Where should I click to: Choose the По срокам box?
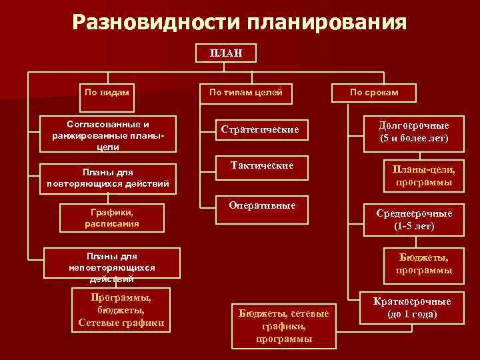coord(374,92)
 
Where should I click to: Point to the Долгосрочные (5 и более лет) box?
coord(414,132)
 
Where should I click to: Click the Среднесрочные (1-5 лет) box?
coord(414,220)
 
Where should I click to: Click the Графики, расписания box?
coord(112,217)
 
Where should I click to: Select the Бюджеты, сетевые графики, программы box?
coord(284,325)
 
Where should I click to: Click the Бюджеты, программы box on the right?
coord(423,263)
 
